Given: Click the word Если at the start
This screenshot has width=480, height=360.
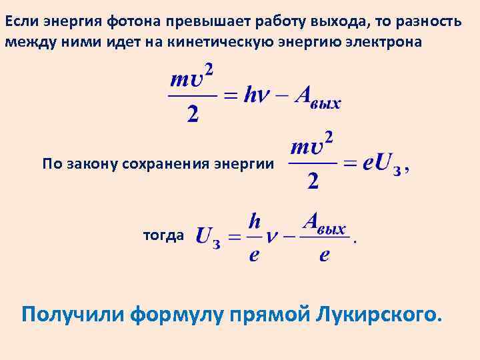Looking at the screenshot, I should (x=20, y=21).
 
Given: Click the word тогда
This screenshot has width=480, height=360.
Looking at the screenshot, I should (x=163, y=235).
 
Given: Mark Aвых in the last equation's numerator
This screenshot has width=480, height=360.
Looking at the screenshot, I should (x=323, y=223).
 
